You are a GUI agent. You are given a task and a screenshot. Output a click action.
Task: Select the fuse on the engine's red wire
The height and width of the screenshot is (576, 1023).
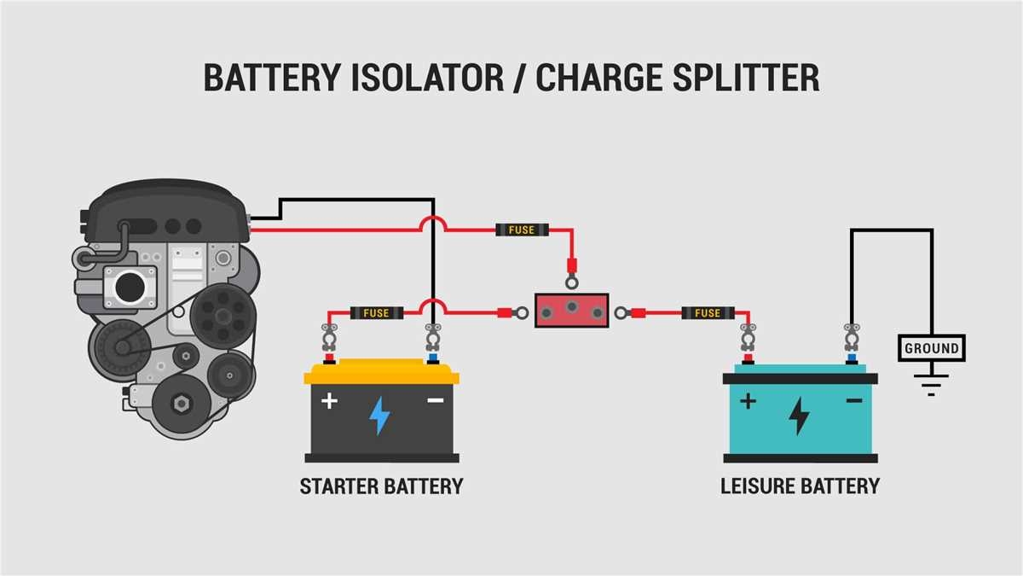[x=521, y=230]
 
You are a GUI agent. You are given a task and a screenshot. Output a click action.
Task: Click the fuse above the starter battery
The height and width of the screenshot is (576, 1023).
[x=376, y=313]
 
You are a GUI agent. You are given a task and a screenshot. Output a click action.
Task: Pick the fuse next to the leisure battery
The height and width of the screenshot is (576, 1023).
[x=708, y=313]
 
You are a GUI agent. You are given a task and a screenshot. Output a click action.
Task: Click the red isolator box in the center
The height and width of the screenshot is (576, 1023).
[x=571, y=310]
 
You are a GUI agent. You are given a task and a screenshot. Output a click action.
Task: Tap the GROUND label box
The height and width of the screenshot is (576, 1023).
[x=932, y=348]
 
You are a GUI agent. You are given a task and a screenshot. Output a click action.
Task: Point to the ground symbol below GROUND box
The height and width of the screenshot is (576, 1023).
[x=932, y=383]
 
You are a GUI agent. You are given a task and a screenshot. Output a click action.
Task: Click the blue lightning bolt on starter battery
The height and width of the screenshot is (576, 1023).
[x=379, y=416]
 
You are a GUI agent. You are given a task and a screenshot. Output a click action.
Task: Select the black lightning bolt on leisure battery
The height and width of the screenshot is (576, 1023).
[x=799, y=416]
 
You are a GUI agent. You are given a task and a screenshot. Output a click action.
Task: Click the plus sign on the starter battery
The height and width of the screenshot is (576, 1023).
[x=330, y=400]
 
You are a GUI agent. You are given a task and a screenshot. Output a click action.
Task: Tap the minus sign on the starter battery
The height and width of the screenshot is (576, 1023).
[x=435, y=400]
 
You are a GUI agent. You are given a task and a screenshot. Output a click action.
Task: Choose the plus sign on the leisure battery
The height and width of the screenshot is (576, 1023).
[x=748, y=400]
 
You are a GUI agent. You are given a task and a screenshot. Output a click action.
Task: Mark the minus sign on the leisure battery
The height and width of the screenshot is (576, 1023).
[x=853, y=400]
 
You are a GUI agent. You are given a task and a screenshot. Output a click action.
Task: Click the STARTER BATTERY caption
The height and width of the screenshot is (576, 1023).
[x=381, y=486]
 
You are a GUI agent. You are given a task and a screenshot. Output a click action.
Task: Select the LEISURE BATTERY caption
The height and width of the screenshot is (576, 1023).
[x=800, y=486]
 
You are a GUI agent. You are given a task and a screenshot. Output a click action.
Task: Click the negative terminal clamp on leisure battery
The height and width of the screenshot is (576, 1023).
[x=851, y=340]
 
